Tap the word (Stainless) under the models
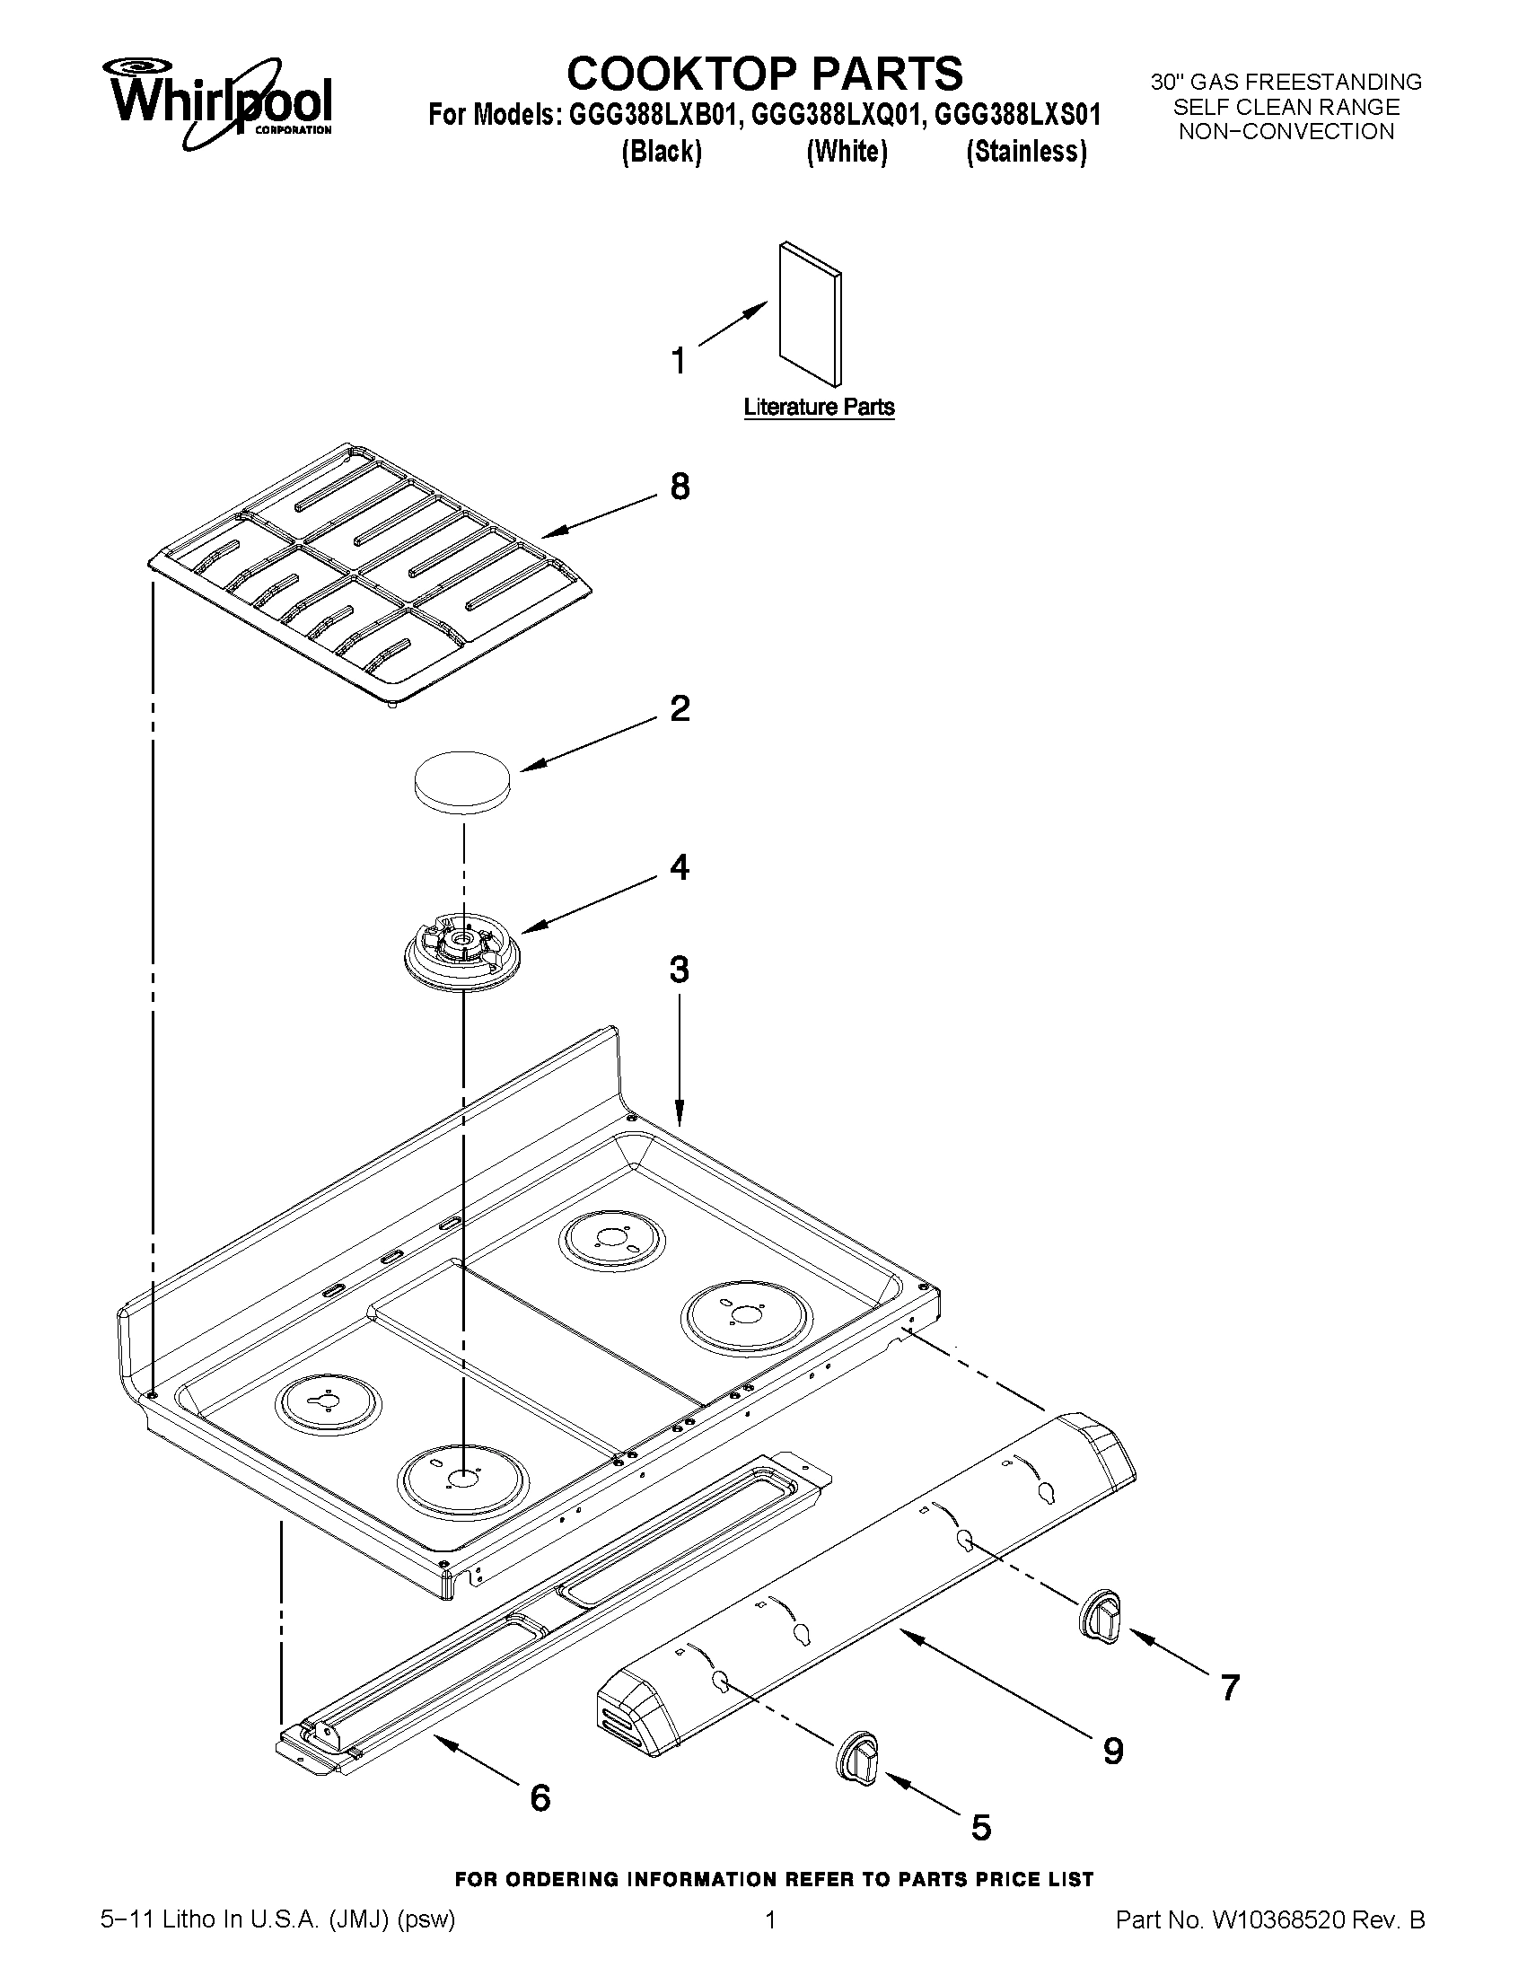[1026, 152]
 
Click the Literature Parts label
[819, 408]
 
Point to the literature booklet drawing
[810, 312]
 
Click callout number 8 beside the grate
[680, 487]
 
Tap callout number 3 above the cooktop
[680, 969]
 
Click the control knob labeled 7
[1100, 1613]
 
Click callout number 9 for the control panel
[1113, 1752]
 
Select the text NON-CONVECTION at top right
[1286, 132]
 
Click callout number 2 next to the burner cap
[680, 707]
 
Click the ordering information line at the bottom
[774, 1880]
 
